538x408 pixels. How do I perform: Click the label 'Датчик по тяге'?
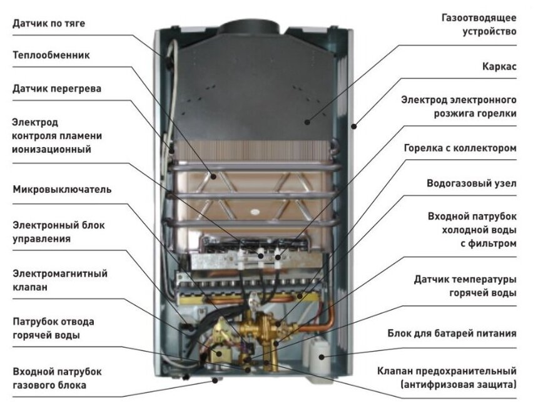(x=48, y=24)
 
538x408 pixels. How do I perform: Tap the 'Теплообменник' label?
(x=51, y=55)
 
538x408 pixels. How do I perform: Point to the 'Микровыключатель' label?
(x=62, y=189)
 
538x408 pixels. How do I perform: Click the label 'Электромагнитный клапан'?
(x=59, y=281)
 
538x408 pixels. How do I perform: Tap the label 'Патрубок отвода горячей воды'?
(x=53, y=329)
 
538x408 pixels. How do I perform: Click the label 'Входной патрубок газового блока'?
(x=57, y=378)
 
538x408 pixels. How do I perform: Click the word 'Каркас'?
(x=499, y=66)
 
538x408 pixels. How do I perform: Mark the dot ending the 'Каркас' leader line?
(x=354, y=126)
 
